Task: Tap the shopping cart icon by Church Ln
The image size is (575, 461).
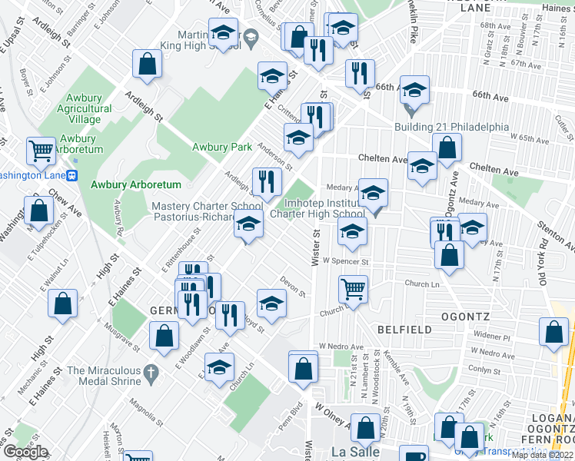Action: pyautogui.click(x=353, y=289)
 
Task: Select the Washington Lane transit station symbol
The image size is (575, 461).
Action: pyautogui.click(x=73, y=174)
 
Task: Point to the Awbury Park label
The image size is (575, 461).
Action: pyautogui.click(x=222, y=147)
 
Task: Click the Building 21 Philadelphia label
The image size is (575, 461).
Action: pyautogui.click(x=451, y=127)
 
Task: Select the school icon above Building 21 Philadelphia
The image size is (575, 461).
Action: pyautogui.click(x=414, y=91)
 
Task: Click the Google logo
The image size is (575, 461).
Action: pyautogui.click(x=25, y=452)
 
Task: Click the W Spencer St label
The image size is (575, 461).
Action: pyautogui.click(x=347, y=261)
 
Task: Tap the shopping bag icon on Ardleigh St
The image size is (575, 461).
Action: pyautogui.click(x=146, y=65)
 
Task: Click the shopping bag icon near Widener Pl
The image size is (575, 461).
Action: pyautogui.click(x=554, y=331)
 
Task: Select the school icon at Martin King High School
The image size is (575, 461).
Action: pyautogui.click(x=224, y=33)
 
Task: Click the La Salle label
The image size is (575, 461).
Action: pyautogui.click(x=355, y=452)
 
